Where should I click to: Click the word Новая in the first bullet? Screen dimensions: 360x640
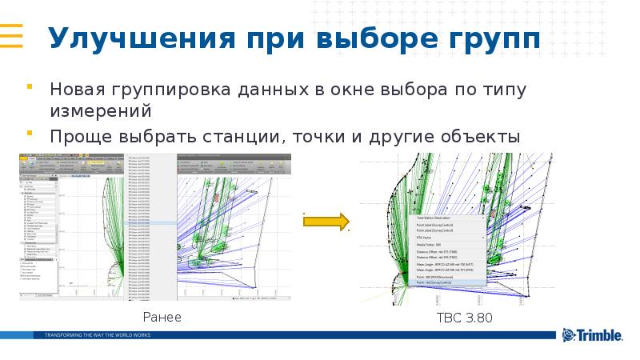click(77, 88)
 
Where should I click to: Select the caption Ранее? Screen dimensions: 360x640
click(162, 318)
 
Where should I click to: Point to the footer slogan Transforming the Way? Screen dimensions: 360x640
click(97, 334)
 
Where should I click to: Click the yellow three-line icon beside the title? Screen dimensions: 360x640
click(10, 37)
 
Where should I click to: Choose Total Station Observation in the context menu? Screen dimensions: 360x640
click(435, 218)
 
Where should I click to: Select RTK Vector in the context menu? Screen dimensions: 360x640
click(424, 238)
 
